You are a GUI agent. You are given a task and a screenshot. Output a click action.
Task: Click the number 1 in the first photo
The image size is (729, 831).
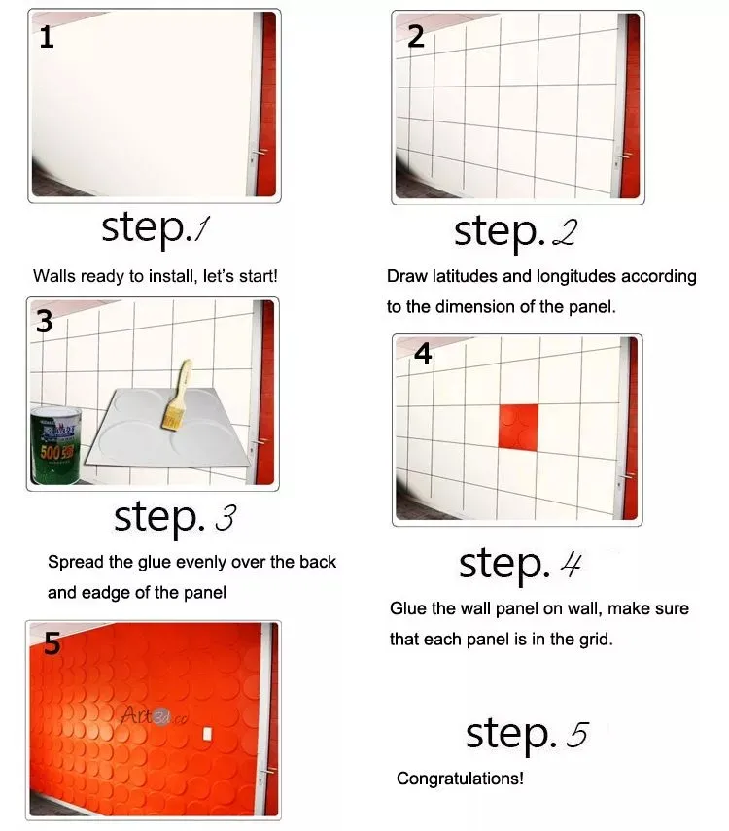[x=46, y=38]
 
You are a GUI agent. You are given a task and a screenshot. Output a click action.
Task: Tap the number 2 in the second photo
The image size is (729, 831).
[x=416, y=37]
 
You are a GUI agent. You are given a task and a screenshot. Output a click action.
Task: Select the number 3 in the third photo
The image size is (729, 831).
[x=45, y=323]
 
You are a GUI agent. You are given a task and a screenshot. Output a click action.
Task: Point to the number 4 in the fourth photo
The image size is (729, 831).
[x=423, y=356]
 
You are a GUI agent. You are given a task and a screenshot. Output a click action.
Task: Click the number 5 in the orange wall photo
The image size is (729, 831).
[x=52, y=643]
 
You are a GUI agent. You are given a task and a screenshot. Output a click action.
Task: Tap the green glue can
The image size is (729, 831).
[x=58, y=443]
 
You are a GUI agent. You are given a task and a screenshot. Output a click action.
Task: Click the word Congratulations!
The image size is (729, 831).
[x=460, y=779]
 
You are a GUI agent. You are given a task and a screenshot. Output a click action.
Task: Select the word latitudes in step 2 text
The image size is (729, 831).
[x=470, y=276]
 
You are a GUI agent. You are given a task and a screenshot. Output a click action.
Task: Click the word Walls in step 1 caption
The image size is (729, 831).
[x=53, y=276]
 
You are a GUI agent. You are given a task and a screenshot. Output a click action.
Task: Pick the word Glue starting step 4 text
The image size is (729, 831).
[x=408, y=608]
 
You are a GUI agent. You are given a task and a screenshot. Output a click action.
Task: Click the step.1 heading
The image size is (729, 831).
[x=156, y=228]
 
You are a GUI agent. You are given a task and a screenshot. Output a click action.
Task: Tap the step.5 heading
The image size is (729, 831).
[x=526, y=734]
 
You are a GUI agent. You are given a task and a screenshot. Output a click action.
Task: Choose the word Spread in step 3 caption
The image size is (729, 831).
[x=72, y=562]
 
